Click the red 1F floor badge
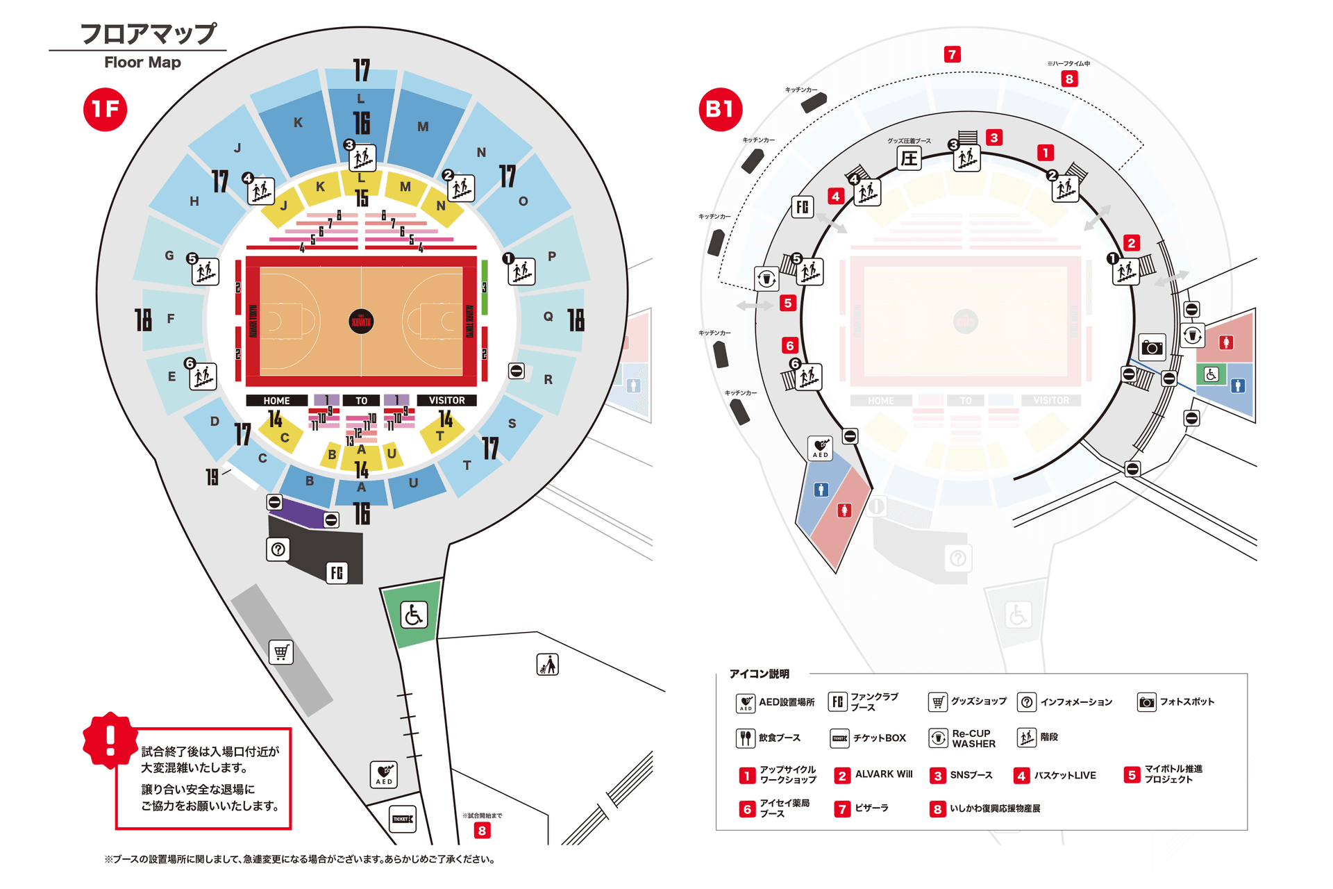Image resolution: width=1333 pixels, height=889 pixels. coord(105,109)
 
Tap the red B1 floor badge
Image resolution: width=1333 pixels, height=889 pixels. coord(720,109)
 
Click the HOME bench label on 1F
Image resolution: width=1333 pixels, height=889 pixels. coord(276,401)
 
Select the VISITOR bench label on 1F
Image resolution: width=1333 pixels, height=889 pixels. coord(446,401)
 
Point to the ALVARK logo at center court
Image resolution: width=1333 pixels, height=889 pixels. coord(361,322)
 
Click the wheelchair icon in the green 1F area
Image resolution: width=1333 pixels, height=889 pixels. coord(414,615)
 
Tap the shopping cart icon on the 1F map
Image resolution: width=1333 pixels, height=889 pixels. coord(281,652)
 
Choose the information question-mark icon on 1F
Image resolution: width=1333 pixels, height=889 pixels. coord(278,549)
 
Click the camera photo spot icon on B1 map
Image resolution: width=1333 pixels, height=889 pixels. coord(1152,347)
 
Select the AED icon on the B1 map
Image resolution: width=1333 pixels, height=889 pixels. coord(820,448)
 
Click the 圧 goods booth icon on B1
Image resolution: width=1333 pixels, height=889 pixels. coord(909,158)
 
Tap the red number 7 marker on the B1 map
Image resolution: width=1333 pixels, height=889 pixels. coord(952,54)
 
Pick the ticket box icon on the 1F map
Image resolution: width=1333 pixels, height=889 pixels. coord(402,819)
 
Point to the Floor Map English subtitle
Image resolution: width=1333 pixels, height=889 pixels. coord(142,63)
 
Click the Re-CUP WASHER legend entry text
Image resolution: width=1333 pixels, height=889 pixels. coord(973,738)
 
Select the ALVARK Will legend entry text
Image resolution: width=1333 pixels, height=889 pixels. coord(884,774)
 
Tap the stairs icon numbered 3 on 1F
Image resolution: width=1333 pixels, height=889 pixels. coord(362,158)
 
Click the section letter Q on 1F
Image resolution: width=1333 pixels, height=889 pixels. coord(548,317)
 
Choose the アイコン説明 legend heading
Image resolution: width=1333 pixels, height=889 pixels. coord(759,674)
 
